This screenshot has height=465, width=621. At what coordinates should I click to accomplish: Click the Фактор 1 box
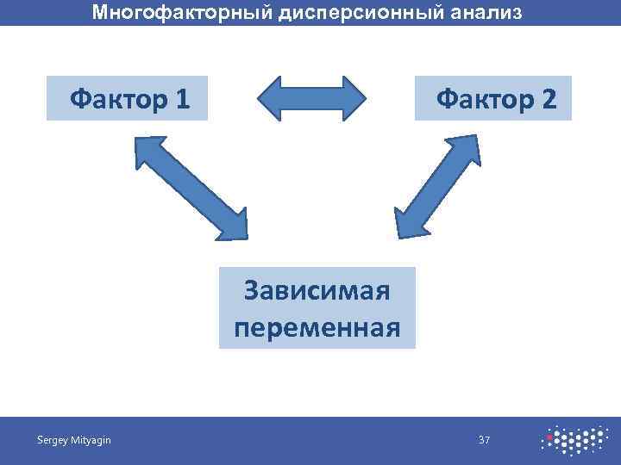[127, 99]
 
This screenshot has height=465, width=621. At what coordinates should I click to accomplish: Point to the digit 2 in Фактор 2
[549, 99]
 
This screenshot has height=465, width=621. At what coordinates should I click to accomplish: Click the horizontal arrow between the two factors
[311, 97]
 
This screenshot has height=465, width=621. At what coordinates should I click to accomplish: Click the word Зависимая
[317, 290]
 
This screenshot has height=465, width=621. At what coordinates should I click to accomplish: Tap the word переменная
[317, 327]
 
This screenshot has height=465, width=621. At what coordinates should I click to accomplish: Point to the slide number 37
[484, 441]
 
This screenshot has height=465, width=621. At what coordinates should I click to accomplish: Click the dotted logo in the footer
[573, 440]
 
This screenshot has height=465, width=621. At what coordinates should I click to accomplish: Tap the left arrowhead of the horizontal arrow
[271, 97]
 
